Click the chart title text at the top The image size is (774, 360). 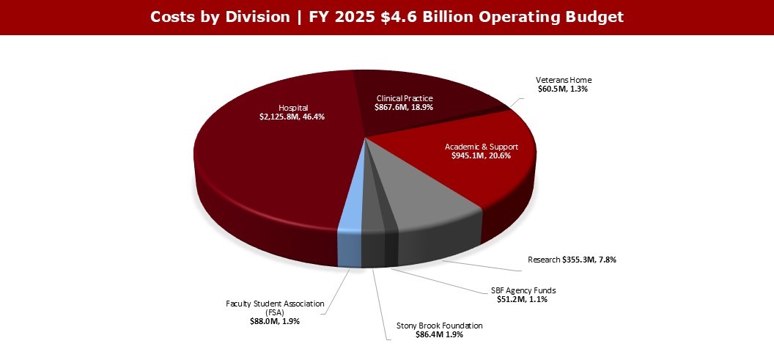386,17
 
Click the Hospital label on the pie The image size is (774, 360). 293,107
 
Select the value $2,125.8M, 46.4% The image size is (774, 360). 293,117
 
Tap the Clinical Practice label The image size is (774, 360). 405,98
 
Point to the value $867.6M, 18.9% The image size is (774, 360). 405,107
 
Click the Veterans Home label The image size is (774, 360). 563,80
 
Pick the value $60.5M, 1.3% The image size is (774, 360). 563,89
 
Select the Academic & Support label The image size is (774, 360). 480,147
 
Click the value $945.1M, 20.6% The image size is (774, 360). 480,156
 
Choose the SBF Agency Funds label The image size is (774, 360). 523,290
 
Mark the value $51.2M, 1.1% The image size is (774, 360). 523,299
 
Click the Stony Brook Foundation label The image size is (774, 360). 440,326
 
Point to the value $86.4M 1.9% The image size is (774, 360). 440,334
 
